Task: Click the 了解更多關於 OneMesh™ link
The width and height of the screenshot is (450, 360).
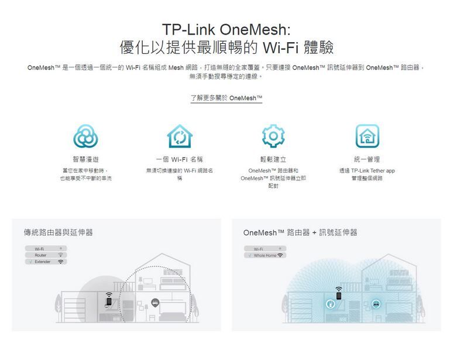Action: [x=226, y=98]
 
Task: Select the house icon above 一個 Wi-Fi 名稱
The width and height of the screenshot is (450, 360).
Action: [x=179, y=136]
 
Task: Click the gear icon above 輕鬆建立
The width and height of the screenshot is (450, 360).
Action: [x=273, y=136]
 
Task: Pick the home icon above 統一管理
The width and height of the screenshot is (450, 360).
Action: [x=367, y=136]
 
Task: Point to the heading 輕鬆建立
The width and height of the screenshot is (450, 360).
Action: [x=273, y=159]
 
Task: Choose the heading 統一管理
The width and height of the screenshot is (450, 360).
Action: [x=367, y=159]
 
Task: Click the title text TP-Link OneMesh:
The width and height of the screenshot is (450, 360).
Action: [x=226, y=29]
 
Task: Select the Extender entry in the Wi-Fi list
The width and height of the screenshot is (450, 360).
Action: [x=43, y=262]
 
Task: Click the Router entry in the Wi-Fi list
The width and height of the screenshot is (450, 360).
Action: [x=40, y=255]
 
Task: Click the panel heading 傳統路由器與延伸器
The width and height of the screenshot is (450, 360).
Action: [x=59, y=232]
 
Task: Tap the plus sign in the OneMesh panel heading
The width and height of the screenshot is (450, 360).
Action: [x=313, y=232]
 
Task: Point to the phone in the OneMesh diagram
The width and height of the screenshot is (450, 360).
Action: [x=338, y=300]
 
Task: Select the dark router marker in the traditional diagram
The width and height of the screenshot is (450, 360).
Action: [x=155, y=302]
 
